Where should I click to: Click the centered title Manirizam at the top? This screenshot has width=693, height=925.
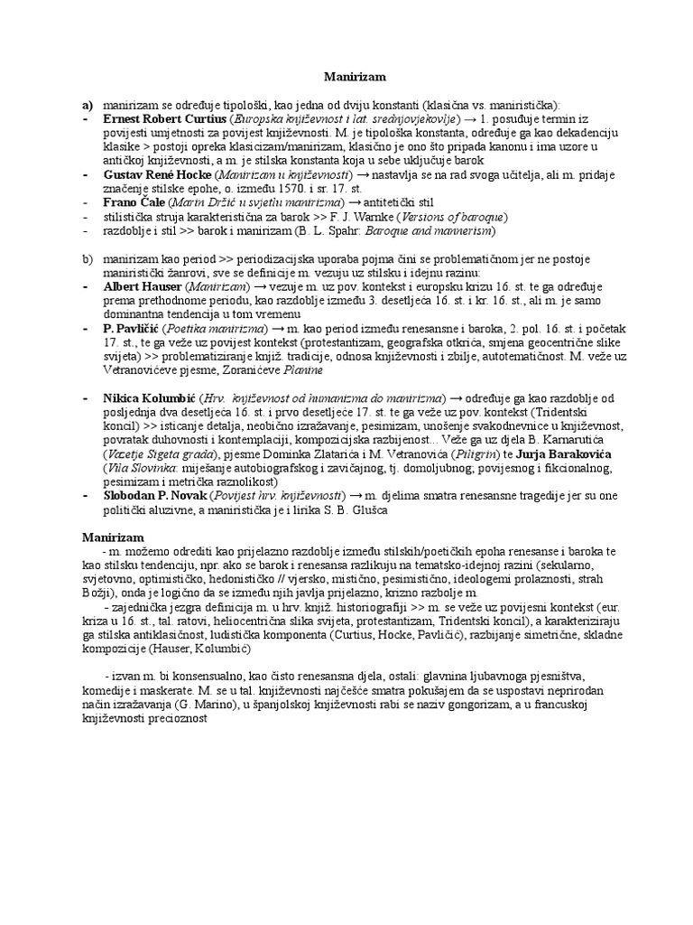[x=346, y=79]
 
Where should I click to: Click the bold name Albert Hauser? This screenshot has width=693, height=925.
[x=143, y=285]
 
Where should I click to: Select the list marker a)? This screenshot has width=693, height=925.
[x=88, y=105]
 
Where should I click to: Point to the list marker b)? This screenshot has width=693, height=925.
[x=88, y=258]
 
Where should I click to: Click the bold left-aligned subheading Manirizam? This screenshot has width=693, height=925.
[x=114, y=537]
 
